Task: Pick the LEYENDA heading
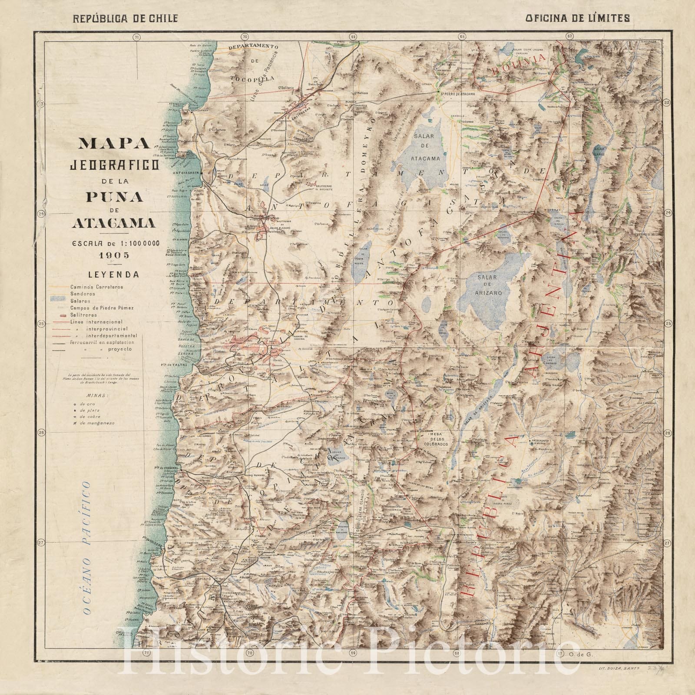click(x=114, y=275)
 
